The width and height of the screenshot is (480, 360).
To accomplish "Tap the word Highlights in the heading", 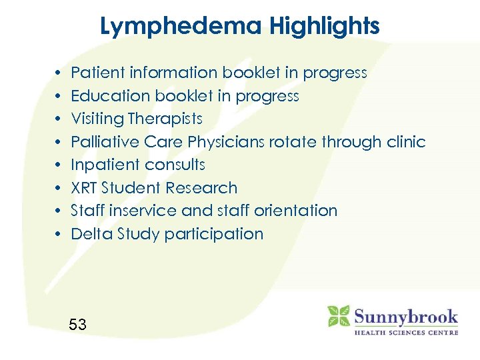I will [x=325, y=27].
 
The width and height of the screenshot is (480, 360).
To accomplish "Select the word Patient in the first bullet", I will [x=97, y=73].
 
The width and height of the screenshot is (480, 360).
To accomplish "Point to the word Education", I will [x=111, y=96].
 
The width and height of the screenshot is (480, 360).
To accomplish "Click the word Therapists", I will [x=165, y=119].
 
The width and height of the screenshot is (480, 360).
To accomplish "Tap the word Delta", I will [x=91, y=234].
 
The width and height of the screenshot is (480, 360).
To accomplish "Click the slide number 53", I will [x=78, y=325].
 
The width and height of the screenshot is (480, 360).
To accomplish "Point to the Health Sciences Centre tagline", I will [x=405, y=332].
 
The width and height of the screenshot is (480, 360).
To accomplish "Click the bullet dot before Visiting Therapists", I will [x=59, y=119].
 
